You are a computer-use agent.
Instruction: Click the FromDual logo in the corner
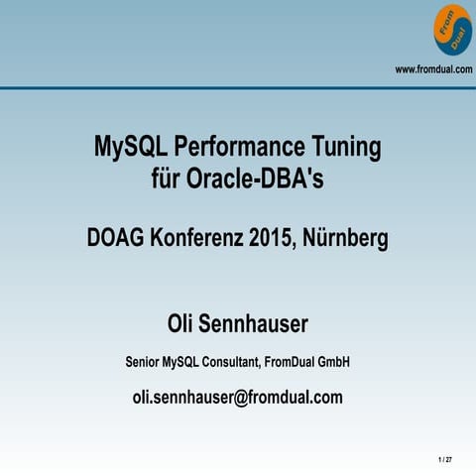[x=452, y=30]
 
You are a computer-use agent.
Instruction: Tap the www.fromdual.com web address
[x=434, y=68]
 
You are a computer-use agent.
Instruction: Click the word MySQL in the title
[x=129, y=149]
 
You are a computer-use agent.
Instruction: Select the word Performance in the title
[x=237, y=149]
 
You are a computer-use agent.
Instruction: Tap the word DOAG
[x=115, y=239]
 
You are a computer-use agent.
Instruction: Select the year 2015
[x=272, y=239]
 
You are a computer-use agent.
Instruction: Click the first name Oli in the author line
[x=182, y=324]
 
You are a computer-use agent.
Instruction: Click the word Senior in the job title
[x=145, y=363]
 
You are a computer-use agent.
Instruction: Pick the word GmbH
[x=331, y=363]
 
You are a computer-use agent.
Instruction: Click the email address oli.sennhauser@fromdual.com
[x=237, y=398]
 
